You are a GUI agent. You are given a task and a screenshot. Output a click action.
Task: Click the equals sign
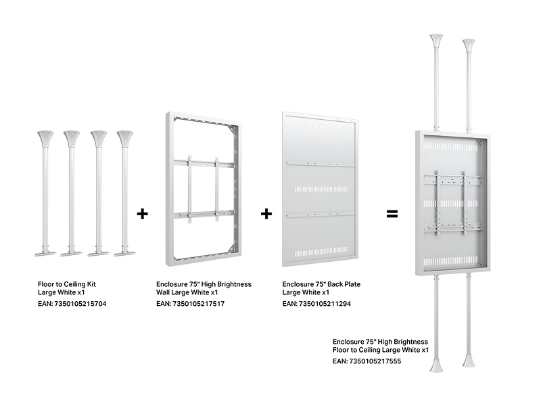pos(392,214)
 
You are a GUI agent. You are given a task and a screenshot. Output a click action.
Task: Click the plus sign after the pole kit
pos(142,214)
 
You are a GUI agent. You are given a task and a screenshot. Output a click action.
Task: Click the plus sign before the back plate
pos(266,214)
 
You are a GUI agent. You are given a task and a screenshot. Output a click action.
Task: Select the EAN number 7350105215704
pos(80,304)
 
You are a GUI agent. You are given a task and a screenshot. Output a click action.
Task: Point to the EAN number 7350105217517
pos(198,304)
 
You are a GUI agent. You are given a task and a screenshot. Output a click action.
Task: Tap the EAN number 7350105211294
pos(325,304)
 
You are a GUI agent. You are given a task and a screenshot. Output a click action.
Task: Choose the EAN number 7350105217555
pos(375,361)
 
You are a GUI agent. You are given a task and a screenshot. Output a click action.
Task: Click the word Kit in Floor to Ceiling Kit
pos(91,284)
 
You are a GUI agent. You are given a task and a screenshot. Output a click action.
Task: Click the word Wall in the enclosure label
pos(164,293)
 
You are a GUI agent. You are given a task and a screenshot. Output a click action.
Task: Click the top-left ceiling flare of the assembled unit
pos(436,41)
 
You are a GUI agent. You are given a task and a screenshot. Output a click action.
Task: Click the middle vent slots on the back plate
pos(321,189)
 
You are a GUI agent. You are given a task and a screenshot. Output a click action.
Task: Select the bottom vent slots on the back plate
pos(321,253)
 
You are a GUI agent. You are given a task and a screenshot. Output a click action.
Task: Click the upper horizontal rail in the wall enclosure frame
pos(204,162)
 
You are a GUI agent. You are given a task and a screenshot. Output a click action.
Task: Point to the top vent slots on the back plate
pos(321,125)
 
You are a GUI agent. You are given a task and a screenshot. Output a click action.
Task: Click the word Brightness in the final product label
pos(410,342)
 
